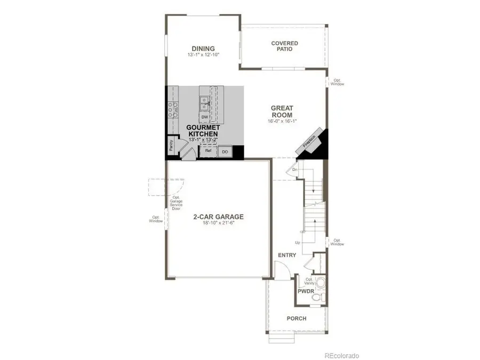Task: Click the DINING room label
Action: pos(203,49)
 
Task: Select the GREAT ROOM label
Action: pos(282,111)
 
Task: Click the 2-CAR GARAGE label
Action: pos(218,217)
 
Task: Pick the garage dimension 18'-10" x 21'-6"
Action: pos(218,224)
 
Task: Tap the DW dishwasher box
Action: pos(205,116)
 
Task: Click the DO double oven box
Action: pos(225,151)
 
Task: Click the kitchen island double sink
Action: pos(205,102)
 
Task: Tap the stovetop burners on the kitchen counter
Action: pos(172,109)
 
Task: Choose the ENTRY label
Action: pos(286,255)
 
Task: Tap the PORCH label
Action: pos(297,318)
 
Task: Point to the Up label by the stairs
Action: pos(298,243)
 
